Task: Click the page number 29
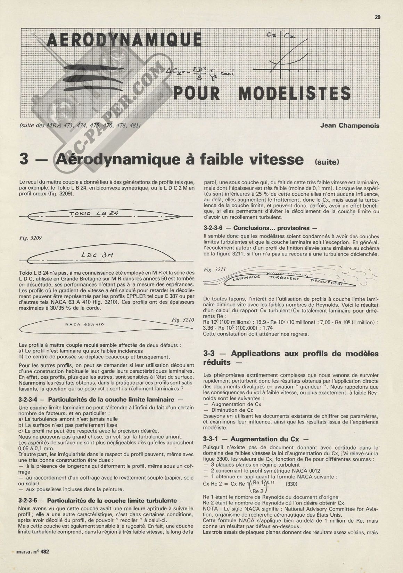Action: point(378,17)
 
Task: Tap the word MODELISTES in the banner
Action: point(295,93)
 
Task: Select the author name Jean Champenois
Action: point(349,126)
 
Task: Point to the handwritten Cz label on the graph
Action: point(271,35)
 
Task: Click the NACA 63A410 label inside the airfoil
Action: point(85,324)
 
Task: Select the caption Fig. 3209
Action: point(31,238)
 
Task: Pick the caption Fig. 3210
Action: point(183,320)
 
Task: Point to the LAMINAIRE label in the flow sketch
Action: point(247,278)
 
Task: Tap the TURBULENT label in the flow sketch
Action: point(284,278)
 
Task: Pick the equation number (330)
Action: point(291,484)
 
